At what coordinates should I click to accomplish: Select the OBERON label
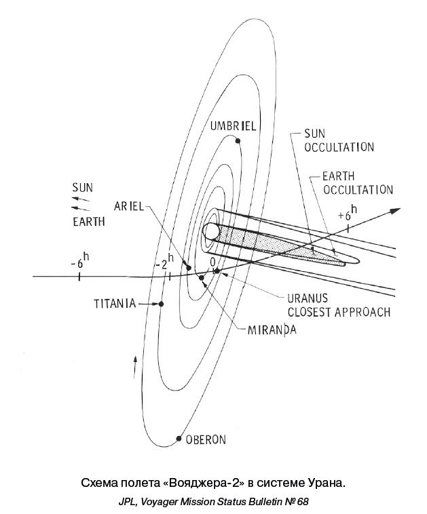[x=206, y=439]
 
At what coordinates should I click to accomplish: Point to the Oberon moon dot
[x=179, y=438]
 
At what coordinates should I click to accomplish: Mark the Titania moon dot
[x=162, y=304]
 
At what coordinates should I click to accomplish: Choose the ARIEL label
[x=128, y=207]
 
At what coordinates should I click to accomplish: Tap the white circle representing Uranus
[x=211, y=231]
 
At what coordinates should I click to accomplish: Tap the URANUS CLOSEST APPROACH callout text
[x=338, y=307]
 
